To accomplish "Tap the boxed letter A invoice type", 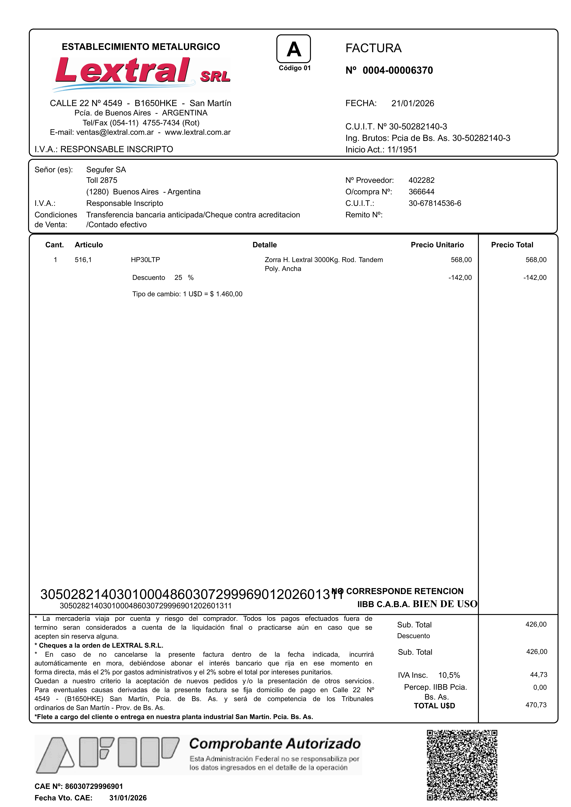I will point(294,49).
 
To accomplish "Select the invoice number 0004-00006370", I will point(398,70).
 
